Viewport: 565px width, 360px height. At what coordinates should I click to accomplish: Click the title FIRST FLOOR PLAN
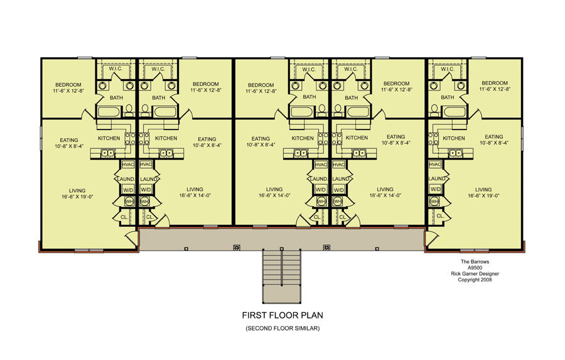[x=282, y=315]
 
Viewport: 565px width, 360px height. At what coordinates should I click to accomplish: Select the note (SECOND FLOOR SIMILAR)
[x=282, y=328]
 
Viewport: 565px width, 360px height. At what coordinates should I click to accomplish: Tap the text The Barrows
[x=475, y=261]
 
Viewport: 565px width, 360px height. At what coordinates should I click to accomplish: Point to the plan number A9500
[x=475, y=268]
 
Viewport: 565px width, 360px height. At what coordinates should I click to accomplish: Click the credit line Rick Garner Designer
[x=475, y=273]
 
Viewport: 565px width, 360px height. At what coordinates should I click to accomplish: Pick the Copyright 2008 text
[x=475, y=280]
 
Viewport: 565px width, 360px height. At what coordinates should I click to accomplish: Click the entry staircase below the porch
[x=282, y=276]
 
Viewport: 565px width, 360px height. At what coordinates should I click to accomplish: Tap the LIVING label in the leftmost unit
[x=77, y=190]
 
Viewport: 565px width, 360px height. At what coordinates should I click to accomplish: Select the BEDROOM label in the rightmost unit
[x=495, y=83]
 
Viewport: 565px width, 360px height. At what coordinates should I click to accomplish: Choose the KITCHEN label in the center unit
[x=303, y=138]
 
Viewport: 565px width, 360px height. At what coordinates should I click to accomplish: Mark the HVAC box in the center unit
[x=321, y=165]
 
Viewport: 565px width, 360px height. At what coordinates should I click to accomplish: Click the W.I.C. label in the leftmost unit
[x=116, y=68]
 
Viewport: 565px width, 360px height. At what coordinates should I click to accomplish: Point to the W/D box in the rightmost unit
[x=435, y=189]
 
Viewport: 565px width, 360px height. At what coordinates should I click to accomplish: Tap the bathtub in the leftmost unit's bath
[x=109, y=111]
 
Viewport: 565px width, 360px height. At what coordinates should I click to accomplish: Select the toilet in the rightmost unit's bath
[x=434, y=109]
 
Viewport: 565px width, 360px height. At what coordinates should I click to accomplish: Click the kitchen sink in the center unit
[x=301, y=153]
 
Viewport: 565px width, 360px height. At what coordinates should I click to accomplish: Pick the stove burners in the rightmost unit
[x=433, y=138]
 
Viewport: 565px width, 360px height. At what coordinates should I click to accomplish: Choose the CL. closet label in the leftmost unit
[x=124, y=217]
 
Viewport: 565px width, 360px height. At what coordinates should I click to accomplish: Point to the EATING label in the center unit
[x=261, y=138]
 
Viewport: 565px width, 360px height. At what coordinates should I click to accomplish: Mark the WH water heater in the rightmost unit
[x=434, y=201]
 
